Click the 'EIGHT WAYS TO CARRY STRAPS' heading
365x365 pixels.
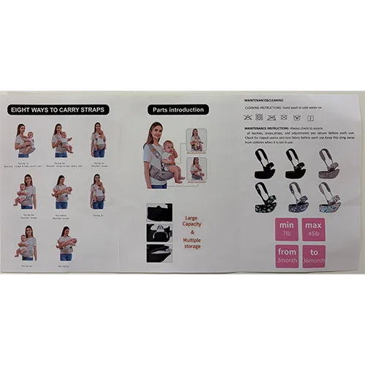point(58,109)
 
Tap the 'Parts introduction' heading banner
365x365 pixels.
point(177,110)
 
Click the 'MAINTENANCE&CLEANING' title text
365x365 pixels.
point(264,99)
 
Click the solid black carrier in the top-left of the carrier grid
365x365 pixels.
point(261,165)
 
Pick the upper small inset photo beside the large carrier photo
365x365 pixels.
point(196,139)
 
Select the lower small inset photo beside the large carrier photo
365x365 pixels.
point(196,169)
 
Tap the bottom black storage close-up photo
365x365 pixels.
point(158,253)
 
